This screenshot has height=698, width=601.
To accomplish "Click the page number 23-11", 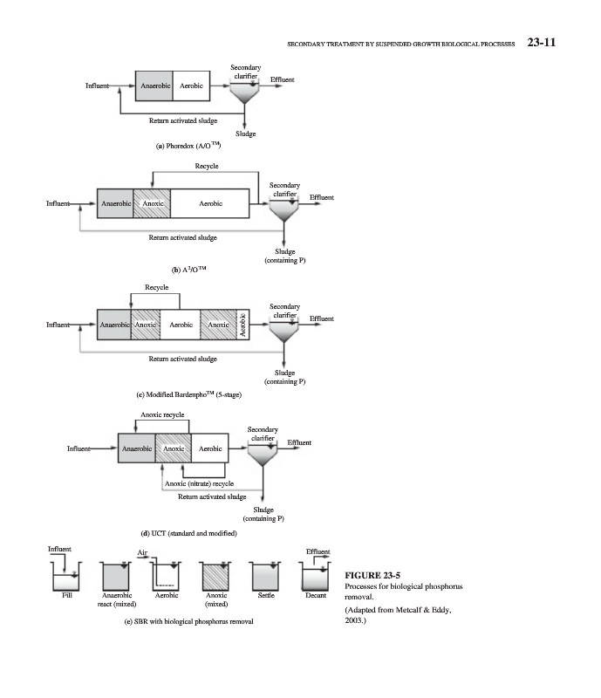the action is coord(542,42).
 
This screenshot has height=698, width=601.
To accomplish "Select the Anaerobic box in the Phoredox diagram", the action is coord(154,86).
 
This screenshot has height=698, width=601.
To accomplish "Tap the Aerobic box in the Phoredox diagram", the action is coord(191,86).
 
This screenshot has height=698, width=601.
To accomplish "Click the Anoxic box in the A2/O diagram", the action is coord(152,203).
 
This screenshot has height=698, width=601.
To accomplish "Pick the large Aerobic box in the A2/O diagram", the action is coord(210,203).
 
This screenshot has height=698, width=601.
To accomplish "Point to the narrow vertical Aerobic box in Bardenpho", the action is coord(243,325).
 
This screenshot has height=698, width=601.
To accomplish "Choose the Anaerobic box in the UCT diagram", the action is coord(137,448).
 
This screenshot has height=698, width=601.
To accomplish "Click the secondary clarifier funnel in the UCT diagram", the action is coord(263,454).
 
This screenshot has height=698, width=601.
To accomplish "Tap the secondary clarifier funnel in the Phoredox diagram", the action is coord(244,92).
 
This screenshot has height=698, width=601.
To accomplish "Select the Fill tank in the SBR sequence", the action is coord(66,576).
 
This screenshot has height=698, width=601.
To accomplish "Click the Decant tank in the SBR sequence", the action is coord(315,576).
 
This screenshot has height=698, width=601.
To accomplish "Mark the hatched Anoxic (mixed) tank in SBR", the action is coord(216,576).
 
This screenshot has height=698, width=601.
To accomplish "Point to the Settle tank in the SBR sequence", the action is coord(266,576).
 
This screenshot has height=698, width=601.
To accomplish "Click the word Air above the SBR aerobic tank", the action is coord(142,552).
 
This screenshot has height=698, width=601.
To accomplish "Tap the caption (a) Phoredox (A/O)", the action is coord(188,146).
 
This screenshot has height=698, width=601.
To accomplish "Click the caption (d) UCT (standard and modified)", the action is coord(188,533).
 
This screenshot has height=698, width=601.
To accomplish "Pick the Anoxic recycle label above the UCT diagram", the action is coord(162,414).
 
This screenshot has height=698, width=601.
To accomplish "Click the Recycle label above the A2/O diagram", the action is coord(207,166).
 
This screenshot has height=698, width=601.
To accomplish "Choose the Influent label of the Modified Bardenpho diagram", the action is coord(58,325).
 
